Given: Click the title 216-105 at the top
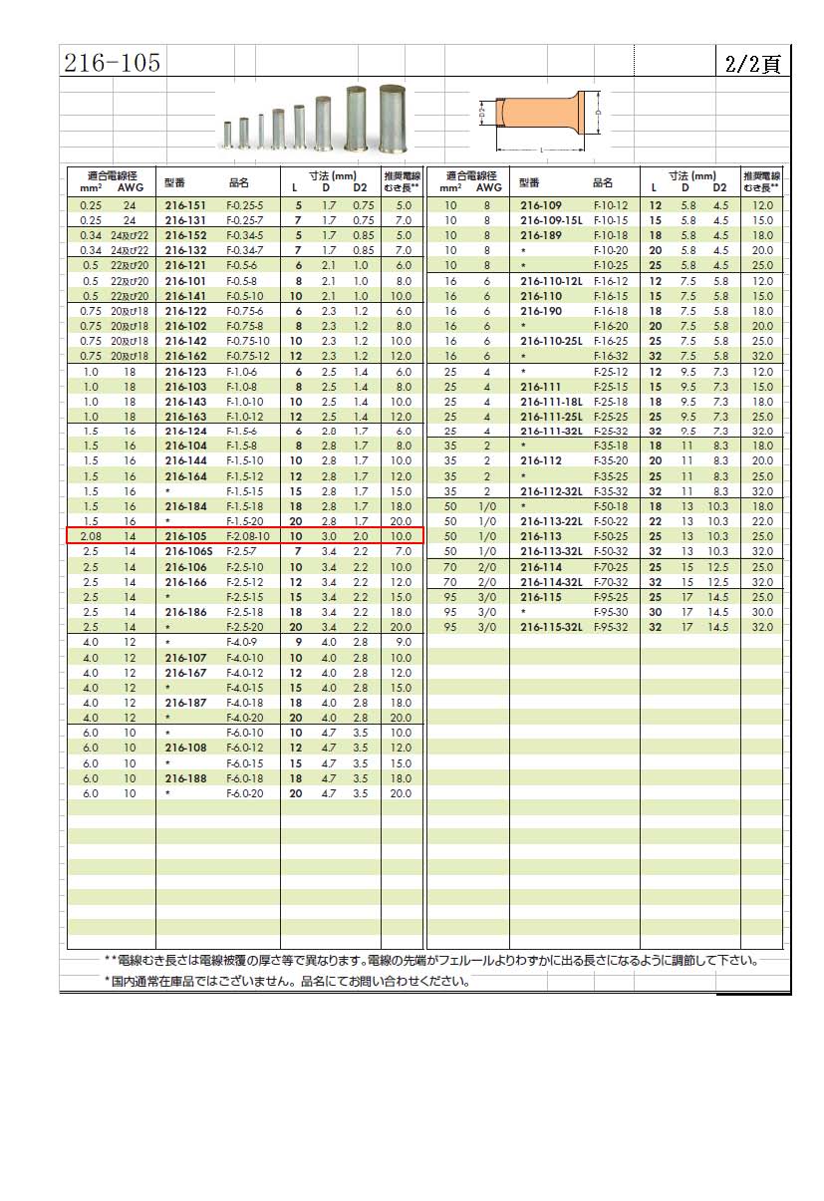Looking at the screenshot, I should (x=112, y=64).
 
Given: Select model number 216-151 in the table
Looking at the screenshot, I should (x=185, y=204).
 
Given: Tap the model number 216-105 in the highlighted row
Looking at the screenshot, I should (x=185, y=535).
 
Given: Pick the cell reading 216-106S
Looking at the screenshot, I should (x=187, y=550).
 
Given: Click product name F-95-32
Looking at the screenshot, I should (x=611, y=627).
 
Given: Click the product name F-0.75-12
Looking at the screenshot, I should (x=248, y=356).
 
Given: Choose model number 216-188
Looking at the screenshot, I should (x=185, y=777).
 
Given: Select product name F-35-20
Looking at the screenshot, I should (x=611, y=460).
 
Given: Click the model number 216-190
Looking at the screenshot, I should (x=542, y=311).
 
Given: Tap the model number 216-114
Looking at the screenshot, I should (x=542, y=566).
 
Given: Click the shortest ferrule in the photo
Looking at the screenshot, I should (x=228, y=133).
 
